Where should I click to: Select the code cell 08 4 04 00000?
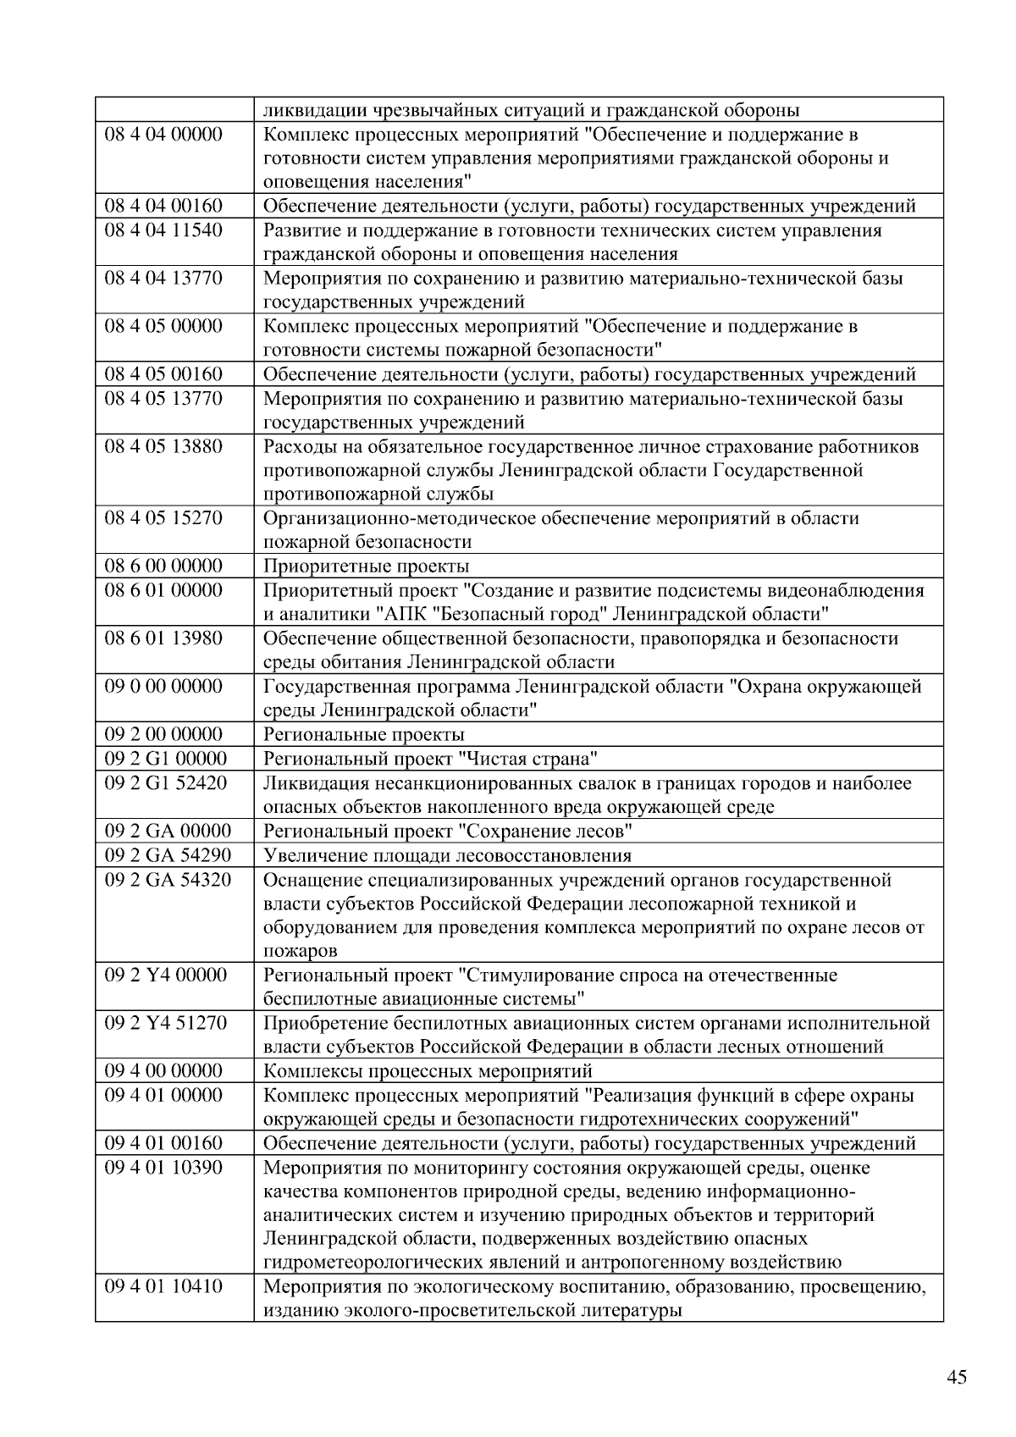tap(163, 135)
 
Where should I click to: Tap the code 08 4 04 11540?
tap(163, 230)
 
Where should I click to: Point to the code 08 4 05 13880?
tap(163, 446)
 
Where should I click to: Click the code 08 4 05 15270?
tap(163, 518)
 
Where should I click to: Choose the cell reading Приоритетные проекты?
tap(366, 567)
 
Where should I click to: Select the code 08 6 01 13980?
tap(163, 638)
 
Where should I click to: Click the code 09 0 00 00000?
tap(163, 687)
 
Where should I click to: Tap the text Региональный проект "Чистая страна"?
tap(431, 759)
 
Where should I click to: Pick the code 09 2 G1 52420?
tap(166, 783)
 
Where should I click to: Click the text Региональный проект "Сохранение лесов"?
tap(448, 832)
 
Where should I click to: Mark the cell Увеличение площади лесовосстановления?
tap(447, 855)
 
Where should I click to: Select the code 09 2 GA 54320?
tap(168, 880)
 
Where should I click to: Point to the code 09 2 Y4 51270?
tap(166, 1023)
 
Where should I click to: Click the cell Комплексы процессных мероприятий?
tap(428, 1071)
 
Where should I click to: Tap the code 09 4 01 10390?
tap(163, 1168)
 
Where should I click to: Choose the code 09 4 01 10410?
tap(163, 1287)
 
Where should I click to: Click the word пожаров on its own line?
tap(301, 951)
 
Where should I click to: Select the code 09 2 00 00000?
tap(163, 734)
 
